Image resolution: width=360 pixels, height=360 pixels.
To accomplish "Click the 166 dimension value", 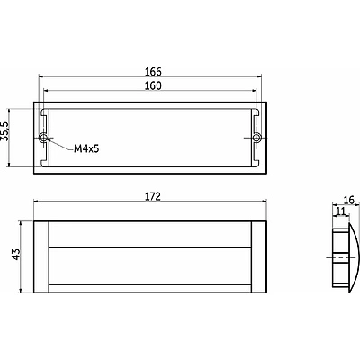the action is click(x=153, y=72).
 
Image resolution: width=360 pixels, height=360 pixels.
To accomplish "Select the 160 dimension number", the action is click(x=153, y=86).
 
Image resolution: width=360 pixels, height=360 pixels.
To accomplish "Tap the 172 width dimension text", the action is click(x=153, y=196).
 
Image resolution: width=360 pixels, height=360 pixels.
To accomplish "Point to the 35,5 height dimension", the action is click(x=4, y=131).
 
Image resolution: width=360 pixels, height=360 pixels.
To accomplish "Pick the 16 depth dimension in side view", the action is click(x=349, y=200).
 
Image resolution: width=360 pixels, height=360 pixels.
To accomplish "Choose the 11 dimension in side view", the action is click(x=340, y=211).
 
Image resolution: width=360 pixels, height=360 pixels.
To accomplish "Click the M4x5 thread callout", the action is click(x=86, y=148).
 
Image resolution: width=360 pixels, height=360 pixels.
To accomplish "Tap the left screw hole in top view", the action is click(x=44, y=138).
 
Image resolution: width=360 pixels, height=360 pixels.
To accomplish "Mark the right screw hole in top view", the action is click(x=256, y=138).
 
